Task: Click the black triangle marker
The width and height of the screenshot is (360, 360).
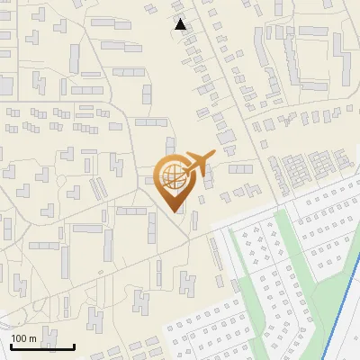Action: (181, 24)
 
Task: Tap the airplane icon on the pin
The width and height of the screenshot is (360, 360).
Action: (195, 164)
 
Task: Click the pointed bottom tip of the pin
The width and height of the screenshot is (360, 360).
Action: (174, 211)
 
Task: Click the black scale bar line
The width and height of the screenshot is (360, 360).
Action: (42, 346)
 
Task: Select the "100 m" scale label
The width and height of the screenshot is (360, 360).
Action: (23, 338)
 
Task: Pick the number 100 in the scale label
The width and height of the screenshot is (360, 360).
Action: (19, 338)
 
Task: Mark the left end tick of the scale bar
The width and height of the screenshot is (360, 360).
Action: (11, 344)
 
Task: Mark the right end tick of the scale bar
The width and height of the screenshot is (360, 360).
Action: (74, 344)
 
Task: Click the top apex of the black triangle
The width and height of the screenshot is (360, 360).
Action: (181, 19)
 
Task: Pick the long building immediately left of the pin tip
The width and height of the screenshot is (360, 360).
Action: (130, 211)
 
